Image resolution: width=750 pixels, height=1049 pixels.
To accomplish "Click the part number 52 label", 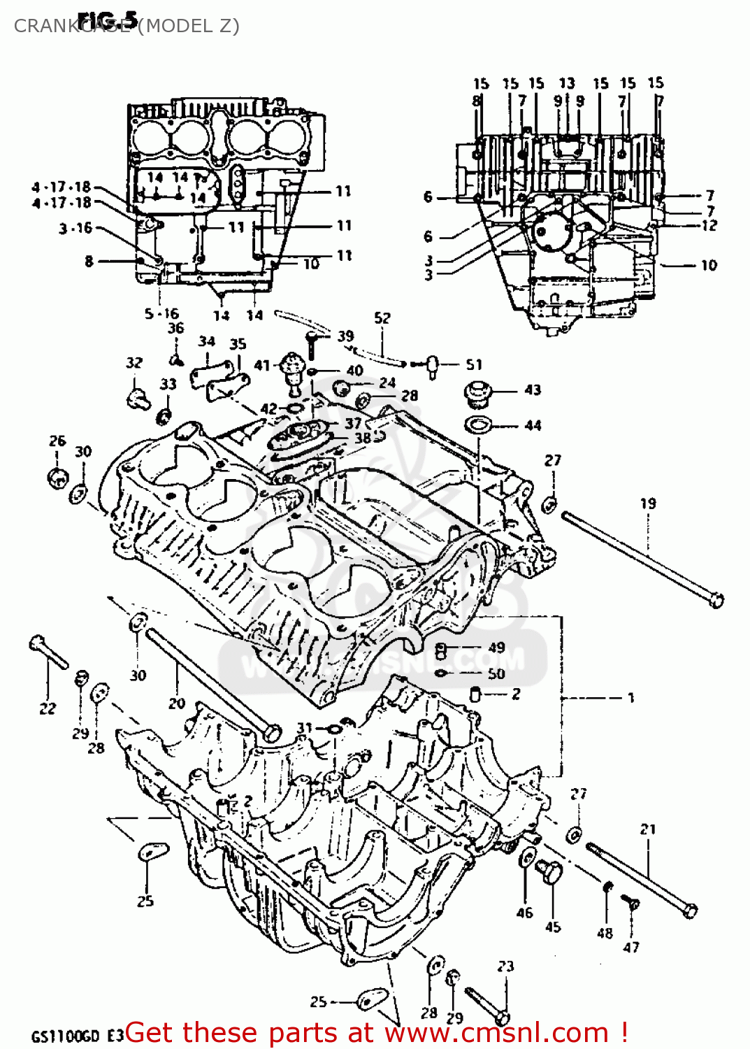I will tap(382, 318).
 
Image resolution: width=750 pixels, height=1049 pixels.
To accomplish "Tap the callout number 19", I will tap(648, 503).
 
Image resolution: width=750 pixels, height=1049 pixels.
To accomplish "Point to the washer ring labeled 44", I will tap(478, 424).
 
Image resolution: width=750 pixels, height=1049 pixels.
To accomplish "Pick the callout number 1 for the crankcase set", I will tap(630, 697).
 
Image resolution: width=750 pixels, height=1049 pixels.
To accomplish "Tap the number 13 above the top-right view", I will tap(567, 83).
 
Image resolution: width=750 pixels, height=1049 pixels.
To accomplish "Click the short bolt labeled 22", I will tap(48, 652).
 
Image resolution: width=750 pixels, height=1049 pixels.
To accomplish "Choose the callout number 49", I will tap(496, 648).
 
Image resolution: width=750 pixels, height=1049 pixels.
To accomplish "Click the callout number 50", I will tap(496, 673).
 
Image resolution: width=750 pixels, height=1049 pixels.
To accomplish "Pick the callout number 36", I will tap(175, 328).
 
